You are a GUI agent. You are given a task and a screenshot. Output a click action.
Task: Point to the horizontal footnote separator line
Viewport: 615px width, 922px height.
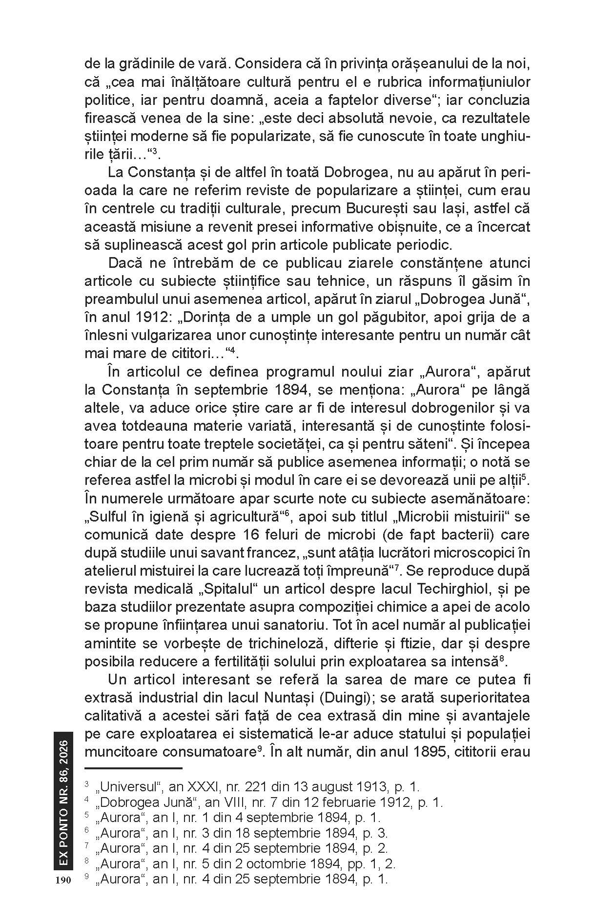coord(133,768)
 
